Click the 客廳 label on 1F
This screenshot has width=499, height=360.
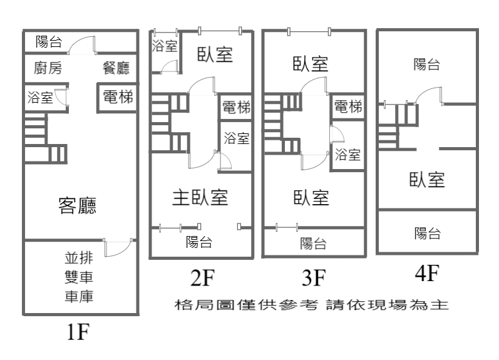pyautogui.click(x=78, y=205)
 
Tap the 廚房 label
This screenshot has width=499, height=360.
pyautogui.click(x=48, y=68)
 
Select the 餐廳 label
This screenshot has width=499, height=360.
pyautogui.click(x=116, y=68)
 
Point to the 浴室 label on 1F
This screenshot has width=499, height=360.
pyautogui.click(x=40, y=98)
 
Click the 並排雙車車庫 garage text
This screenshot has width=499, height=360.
pyautogui.click(x=79, y=277)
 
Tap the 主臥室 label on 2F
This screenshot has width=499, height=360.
pyautogui.click(x=200, y=197)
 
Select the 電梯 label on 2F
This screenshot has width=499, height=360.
pyautogui.click(x=236, y=107)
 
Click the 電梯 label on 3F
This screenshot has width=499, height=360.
pyautogui.click(x=348, y=106)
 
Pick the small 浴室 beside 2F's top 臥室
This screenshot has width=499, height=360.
pyautogui.click(x=165, y=46)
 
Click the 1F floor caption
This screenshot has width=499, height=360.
pyautogui.click(x=78, y=332)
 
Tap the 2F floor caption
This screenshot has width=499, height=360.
pyautogui.click(x=203, y=277)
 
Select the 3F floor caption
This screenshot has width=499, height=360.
pyautogui.click(x=314, y=277)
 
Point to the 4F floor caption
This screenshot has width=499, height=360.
pyautogui.click(x=427, y=273)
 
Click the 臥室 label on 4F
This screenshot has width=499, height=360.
pyautogui.click(x=427, y=180)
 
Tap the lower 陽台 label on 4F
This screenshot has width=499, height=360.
pyautogui.click(x=428, y=234)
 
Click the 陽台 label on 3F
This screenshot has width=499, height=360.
pyautogui.click(x=313, y=244)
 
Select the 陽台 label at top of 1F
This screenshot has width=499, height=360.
pyautogui.click(x=49, y=42)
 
